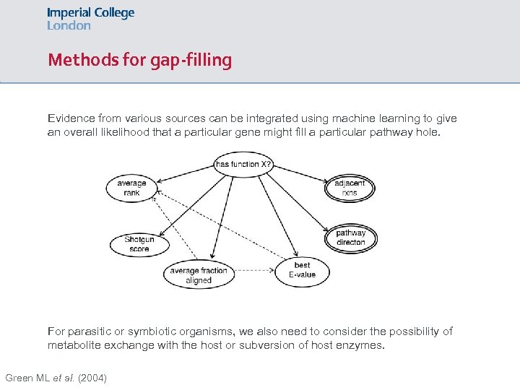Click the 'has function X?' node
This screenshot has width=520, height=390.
tap(243, 164)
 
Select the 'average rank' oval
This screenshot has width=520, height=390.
tap(131, 188)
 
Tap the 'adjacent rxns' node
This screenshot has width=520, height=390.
tap(350, 188)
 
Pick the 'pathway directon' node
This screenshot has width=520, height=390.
tap(351, 238)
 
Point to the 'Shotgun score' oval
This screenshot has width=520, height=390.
tap(139, 244)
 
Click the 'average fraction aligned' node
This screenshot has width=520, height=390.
tap(199, 275)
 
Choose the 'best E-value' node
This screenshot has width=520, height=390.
tap(302, 270)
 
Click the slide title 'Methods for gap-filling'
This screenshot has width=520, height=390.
tap(139, 60)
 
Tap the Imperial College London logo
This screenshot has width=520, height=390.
tap(90, 19)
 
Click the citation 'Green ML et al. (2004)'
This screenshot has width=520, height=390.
tap(56, 378)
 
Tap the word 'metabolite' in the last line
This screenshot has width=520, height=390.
tap(75, 345)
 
